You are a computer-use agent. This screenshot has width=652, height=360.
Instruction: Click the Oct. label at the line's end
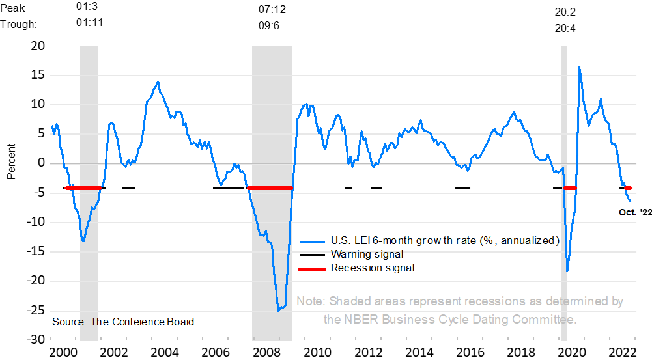[x=627, y=212]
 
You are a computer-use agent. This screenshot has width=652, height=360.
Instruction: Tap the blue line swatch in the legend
[x=311, y=241]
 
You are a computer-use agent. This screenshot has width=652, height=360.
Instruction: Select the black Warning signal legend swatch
[x=311, y=255]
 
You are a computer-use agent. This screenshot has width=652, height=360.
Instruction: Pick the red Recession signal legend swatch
[x=311, y=268]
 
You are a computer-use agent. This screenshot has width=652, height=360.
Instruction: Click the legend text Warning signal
[x=367, y=255]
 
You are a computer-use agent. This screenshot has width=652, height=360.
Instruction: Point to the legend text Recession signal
[x=372, y=268]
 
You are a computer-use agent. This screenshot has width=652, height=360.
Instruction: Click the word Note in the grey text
[x=310, y=301]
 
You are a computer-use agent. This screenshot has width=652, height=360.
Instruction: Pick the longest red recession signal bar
[x=269, y=188]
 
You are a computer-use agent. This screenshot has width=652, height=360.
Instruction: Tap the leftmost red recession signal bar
[x=84, y=188]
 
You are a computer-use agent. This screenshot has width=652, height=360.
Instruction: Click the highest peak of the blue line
[x=579, y=67]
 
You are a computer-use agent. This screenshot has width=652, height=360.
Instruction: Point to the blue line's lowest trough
[x=278, y=310]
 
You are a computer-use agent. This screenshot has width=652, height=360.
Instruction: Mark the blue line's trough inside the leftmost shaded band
[x=83, y=241]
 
